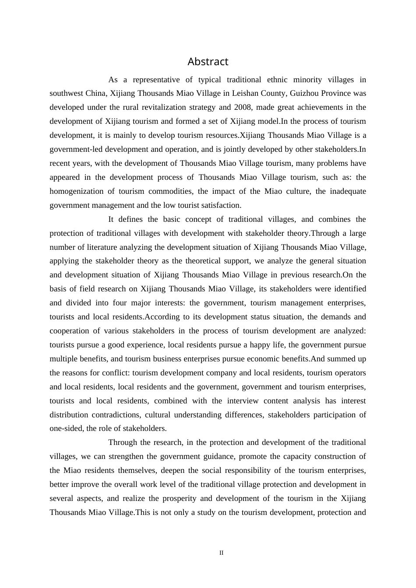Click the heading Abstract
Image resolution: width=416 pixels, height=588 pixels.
tap(208, 62)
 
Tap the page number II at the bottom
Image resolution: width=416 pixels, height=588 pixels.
tap(222, 553)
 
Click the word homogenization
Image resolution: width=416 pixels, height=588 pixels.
tap(76, 191)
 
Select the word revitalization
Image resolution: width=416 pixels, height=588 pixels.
tap(169, 108)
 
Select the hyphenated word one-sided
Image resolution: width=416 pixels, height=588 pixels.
tap(65, 429)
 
